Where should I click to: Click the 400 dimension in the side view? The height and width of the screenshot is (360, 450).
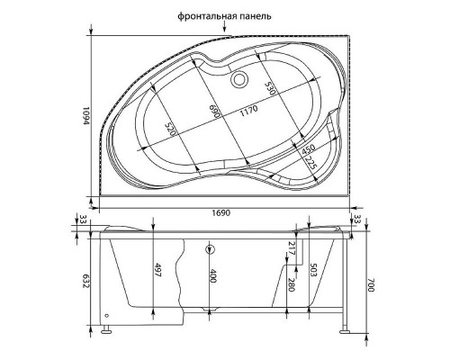pos(213,277)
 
